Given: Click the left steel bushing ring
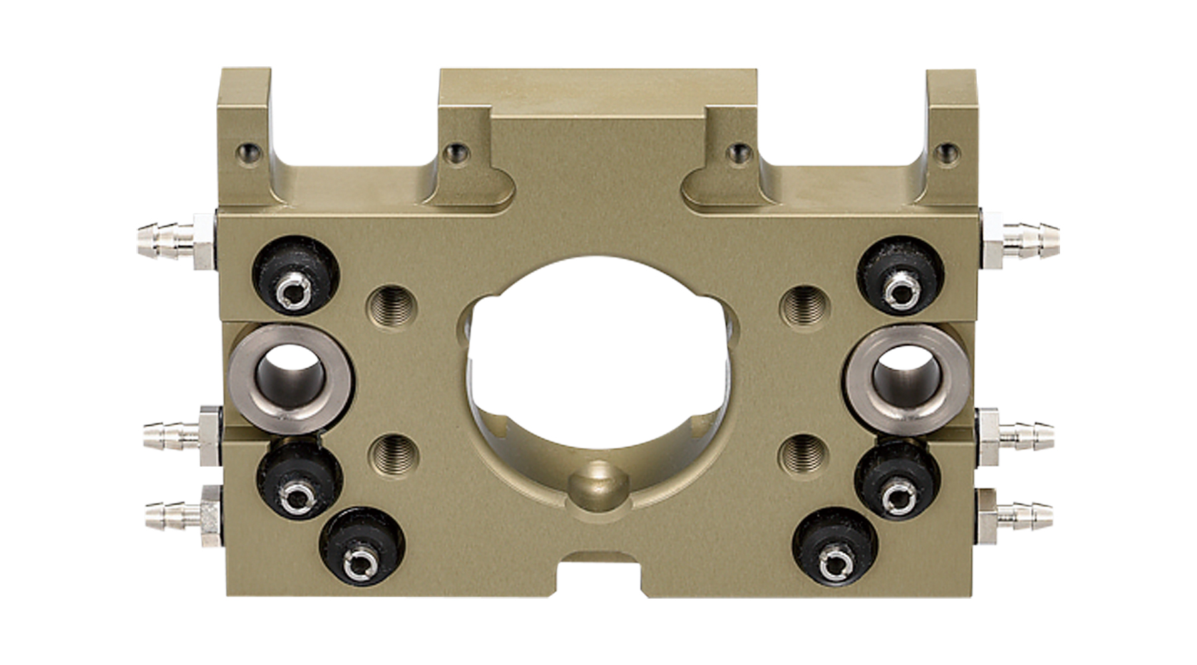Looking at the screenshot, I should [291, 378].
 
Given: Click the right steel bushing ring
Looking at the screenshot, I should [907, 378].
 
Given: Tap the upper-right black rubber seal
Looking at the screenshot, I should [900, 275].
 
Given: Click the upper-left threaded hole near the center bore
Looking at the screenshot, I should [392, 305].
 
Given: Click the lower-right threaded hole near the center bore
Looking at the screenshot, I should [804, 456].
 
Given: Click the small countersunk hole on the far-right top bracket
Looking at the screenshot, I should [947, 154].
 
